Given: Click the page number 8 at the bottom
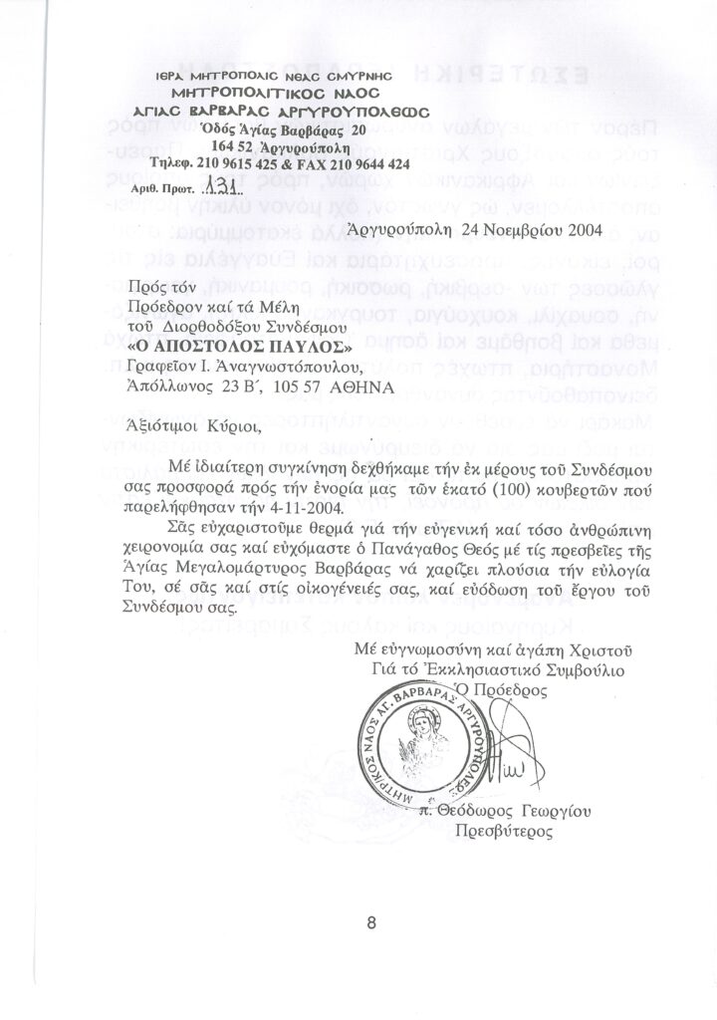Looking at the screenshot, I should click(370, 921).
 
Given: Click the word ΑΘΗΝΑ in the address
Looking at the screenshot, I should click(358, 385).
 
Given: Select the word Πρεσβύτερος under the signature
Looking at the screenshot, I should click(504, 831).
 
